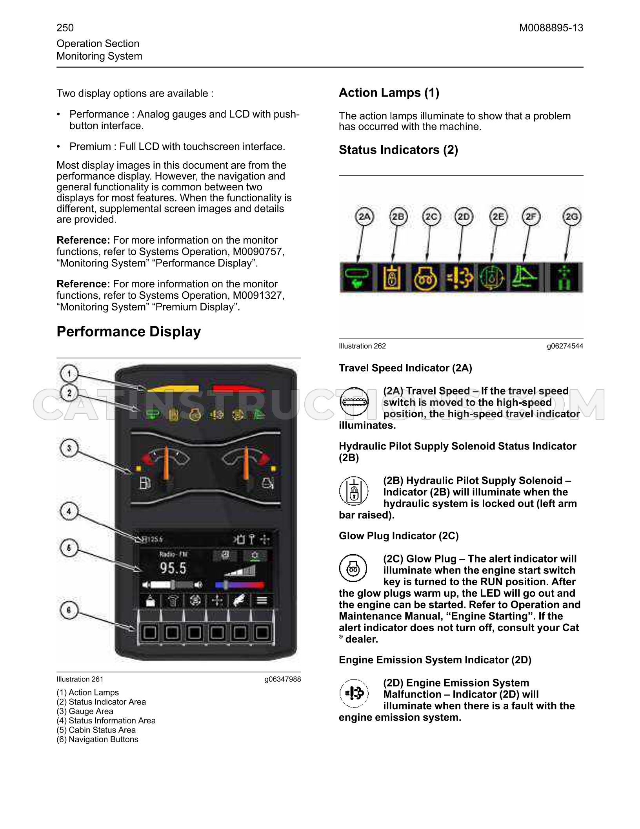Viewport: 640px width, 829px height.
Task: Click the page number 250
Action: click(x=65, y=28)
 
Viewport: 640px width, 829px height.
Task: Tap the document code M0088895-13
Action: click(x=551, y=28)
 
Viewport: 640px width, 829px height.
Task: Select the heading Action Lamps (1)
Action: click(x=389, y=93)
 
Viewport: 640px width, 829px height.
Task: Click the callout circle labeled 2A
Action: click(x=365, y=217)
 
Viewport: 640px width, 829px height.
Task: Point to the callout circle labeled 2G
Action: click(x=572, y=217)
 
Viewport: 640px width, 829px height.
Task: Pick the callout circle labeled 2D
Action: click(x=464, y=217)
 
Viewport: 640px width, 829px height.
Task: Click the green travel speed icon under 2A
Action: click(x=357, y=277)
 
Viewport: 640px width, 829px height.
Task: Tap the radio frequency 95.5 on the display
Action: click(x=173, y=568)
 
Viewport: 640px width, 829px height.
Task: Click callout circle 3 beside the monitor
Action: click(x=69, y=448)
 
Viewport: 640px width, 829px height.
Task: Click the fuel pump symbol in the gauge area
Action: click(x=145, y=483)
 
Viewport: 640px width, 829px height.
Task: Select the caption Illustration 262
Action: click(x=362, y=346)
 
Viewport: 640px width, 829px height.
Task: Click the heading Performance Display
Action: click(x=129, y=332)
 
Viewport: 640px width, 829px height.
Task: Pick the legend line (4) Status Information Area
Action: click(x=106, y=721)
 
